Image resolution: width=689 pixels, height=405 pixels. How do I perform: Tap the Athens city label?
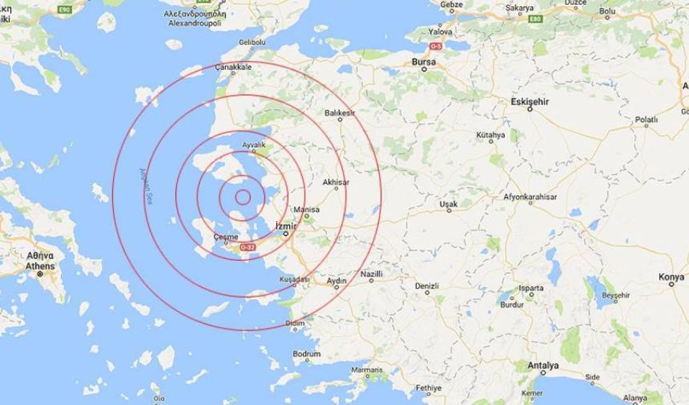tap(40, 266)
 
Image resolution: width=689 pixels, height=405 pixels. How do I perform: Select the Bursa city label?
tap(423, 61)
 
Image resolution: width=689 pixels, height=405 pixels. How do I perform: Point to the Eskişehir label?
tap(530, 101)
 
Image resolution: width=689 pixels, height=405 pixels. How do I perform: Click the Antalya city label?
tap(543, 366)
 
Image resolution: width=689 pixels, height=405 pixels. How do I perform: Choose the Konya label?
tap(671, 277)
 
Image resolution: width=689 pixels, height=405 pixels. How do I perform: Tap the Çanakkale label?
tap(233, 67)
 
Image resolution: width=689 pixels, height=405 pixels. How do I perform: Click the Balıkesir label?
tap(340, 113)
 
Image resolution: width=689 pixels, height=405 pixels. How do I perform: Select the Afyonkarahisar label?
tap(530, 197)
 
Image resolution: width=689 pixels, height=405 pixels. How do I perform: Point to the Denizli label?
tap(427, 285)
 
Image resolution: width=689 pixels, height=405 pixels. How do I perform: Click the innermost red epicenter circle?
tap(243, 198)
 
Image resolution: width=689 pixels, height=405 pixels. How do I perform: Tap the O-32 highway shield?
tap(248, 247)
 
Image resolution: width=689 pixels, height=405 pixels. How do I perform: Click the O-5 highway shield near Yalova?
tap(435, 46)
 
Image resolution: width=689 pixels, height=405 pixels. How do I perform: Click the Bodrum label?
tap(307, 354)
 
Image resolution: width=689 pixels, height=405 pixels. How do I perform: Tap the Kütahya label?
tap(490, 135)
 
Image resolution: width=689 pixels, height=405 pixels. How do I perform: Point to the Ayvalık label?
tap(254, 145)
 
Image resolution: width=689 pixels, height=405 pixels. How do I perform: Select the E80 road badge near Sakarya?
tap(535, 19)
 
